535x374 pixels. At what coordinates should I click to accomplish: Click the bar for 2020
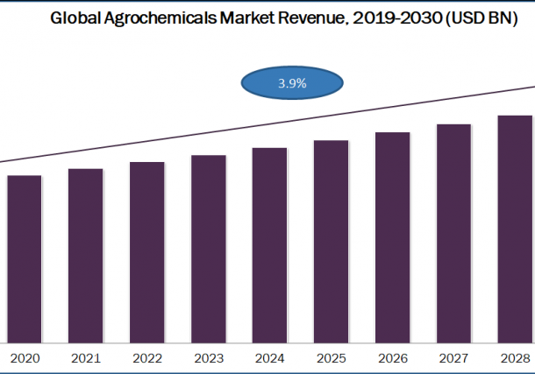point(25,258)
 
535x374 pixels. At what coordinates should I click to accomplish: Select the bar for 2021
point(86,255)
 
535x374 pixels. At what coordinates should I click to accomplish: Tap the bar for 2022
point(147,252)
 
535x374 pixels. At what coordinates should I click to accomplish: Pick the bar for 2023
point(209,249)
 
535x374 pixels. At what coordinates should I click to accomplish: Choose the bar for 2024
point(270,245)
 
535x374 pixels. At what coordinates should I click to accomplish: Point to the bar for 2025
point(332,241)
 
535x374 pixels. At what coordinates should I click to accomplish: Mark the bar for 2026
point(393,237)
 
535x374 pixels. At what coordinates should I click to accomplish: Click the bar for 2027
point(454,233)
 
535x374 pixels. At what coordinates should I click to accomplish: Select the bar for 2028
point(516,229)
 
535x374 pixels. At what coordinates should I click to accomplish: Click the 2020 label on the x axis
point(25,358)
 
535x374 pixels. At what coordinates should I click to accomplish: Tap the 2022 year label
point(147,358)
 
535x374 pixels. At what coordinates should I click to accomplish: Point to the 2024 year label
point(270,358)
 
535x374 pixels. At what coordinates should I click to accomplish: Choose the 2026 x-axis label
point(393,358)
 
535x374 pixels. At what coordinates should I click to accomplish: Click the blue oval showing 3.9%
point(292,84)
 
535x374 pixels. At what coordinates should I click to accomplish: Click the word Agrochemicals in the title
point(154,17)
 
